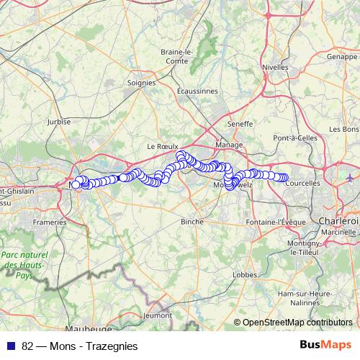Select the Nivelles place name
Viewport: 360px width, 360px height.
(274, 67)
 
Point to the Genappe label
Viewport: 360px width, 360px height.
(341, 55)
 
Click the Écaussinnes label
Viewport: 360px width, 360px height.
(197, 91)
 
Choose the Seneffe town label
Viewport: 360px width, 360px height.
(240, 124)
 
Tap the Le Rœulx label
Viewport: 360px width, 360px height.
(162, 145)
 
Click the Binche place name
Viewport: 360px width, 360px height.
(192, 222)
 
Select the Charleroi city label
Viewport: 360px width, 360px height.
(338, 220)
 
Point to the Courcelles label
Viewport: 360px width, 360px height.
(302, 184)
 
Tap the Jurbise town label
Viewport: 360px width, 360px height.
(59, 122)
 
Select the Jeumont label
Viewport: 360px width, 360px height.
(158, 315)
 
